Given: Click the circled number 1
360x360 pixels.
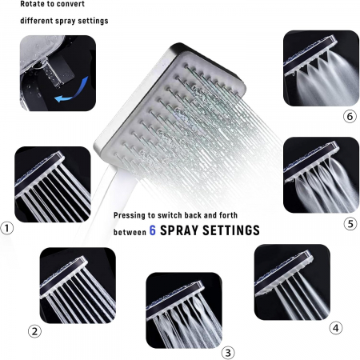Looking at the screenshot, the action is [x=7, y=228].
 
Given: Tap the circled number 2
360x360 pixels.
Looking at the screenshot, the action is [x=34, y=331].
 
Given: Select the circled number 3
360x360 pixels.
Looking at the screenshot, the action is [x=228, y=353].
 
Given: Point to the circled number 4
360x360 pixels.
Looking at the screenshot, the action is [x=336, y=328].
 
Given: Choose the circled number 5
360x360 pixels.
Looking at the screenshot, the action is [x=350, y=224].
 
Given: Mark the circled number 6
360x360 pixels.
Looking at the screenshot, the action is [x=350, y=117].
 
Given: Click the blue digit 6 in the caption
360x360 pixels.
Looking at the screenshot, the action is [x=152, y=230].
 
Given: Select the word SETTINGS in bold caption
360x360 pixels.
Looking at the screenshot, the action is [x=231, y=230].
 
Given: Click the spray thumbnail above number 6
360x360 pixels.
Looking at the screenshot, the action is [x=321, y=68].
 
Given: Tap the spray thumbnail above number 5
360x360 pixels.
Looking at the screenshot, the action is [x=321, y=175].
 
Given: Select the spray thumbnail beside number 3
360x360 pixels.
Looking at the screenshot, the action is [x=184, y=310].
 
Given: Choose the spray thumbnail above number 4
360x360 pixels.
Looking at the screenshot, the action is [x=292, y=282].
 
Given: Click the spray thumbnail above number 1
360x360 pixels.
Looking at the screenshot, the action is [x=53, y=184].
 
